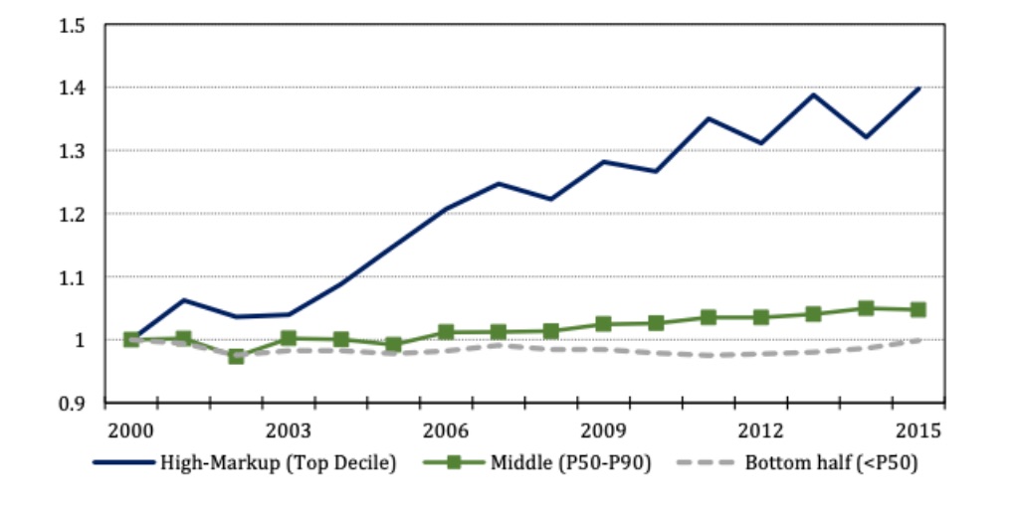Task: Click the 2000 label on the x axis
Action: [131, 430]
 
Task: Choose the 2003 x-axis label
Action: [289, 430]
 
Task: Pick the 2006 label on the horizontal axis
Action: [446, 430]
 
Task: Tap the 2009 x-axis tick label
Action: [603, 430]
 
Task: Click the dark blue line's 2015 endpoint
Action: [917, 88]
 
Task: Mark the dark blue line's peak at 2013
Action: [813, 94]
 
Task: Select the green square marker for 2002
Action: [236, 355]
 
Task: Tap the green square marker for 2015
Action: [917, 309]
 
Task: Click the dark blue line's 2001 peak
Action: [184, 299]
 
